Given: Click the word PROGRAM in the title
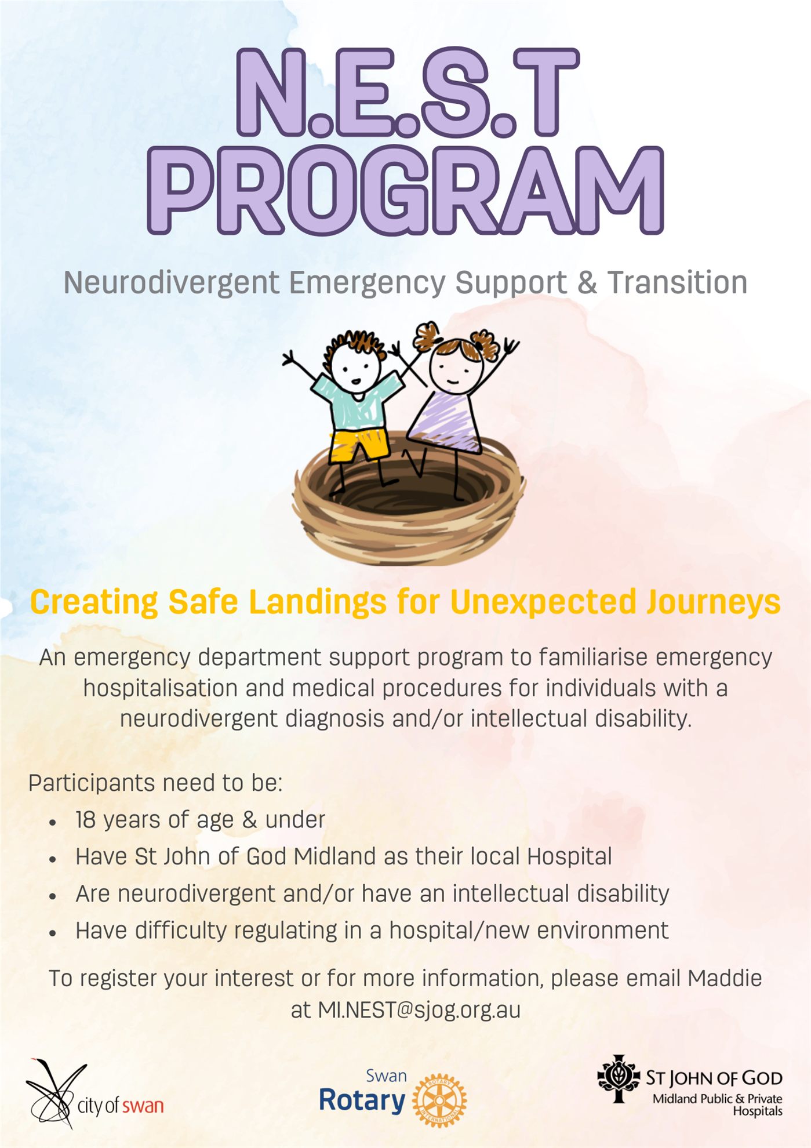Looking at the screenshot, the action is click(x=405, y=190).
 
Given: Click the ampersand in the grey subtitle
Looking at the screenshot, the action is click(x=587, y=282).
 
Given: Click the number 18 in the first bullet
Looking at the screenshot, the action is click(x=85, y=820).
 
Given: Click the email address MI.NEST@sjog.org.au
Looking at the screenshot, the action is click(x=419, y=1010).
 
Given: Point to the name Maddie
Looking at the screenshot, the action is click(x=725, y=978).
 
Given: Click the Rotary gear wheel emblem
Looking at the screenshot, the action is click(x=439, y=1100).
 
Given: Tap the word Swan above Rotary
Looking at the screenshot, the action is click(x=386, y=1076).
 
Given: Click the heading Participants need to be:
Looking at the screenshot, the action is click(x=155, y=783).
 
